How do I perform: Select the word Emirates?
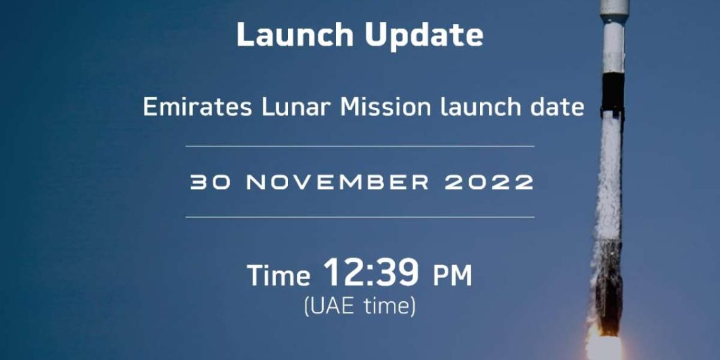(198, 107)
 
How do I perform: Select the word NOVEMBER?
(337, 183)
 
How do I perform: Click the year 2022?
(489, 183)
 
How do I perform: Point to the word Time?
(279, 275)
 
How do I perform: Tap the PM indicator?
(452, 275)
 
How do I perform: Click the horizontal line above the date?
(360, 146)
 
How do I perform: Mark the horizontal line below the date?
(360, 217)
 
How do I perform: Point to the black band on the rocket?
(613, 92)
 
